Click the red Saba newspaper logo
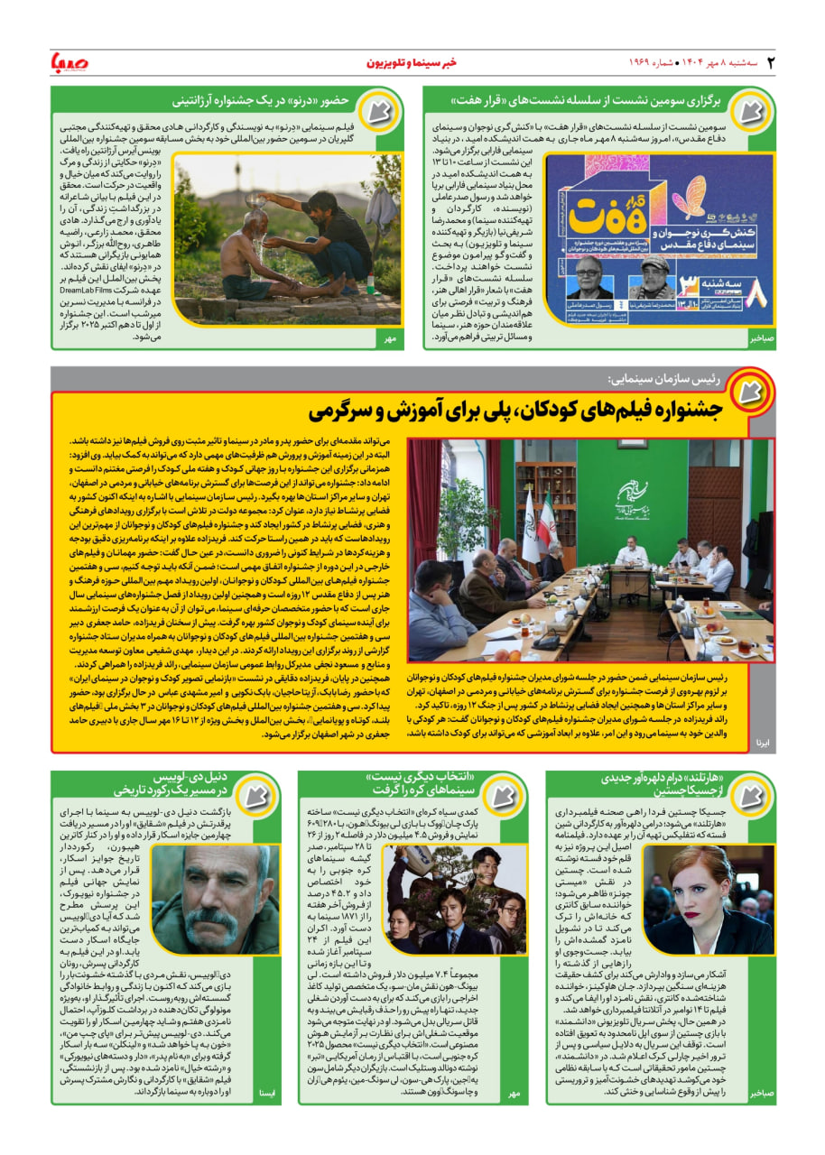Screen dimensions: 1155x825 pos(70,62)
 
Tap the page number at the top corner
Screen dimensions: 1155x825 pos(771,62)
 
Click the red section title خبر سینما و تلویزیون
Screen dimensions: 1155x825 pos(412,63)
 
